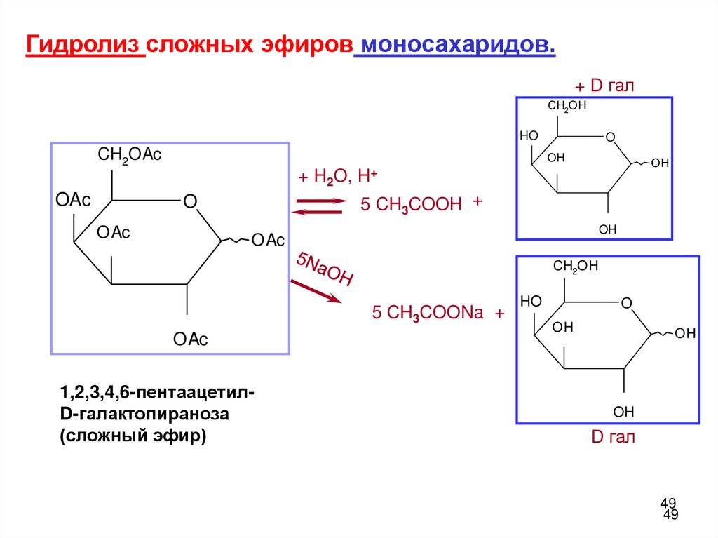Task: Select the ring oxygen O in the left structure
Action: [x=189, y=202]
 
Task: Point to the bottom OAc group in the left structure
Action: [x=191, y=340]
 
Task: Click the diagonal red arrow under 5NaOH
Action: [x=315, y=291]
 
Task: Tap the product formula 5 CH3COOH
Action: [x=411, y=204]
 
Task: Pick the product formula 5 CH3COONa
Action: [x=428, y=313]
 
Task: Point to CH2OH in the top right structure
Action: [x=567, y=106]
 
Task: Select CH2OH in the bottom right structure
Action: [x=576, y=266]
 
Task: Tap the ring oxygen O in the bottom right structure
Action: [x=626, y=303]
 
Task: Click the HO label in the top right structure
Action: [x=528, y=135]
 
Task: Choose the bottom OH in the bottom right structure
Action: [x=623, y=411]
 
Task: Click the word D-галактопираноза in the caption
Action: [x=145, y=415]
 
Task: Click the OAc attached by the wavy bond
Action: [x=268, y=241]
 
